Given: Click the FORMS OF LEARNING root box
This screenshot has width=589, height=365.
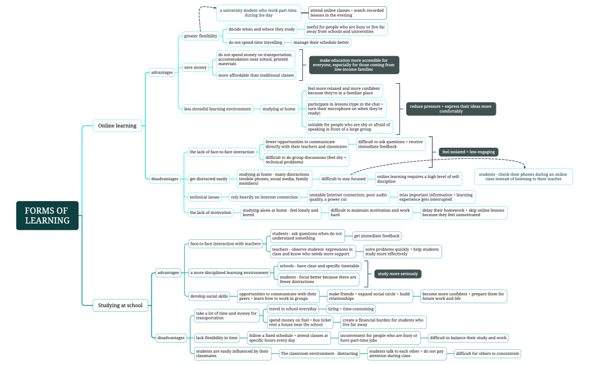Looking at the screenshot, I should pyautogui.click(x=47, y=216).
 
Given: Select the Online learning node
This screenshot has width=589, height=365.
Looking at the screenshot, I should pyautogui.click(x=117, y=126).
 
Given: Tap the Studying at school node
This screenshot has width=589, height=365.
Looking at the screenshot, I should pyautogui.click(x=121, y=305).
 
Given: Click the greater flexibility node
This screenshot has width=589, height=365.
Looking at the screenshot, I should pyautogui.click(x=201, y=36).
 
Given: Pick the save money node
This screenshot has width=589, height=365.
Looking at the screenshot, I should pyautogui.click(x=196, y=67).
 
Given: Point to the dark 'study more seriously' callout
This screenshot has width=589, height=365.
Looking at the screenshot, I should pyautogui.click(x=398, y=274).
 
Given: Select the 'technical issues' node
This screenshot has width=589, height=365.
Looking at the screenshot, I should pyautogui.click(x=205, y=197).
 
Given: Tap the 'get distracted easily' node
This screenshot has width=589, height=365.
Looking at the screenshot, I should pyautogui.click(x=209, y=179).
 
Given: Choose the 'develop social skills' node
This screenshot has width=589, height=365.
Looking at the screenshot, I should pyautogui.click(x=209, y=296).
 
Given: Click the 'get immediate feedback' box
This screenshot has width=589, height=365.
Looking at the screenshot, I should pyautogui.click(x=376, y=236).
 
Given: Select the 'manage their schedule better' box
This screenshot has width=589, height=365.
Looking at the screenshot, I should pyautogui.click(x=321, y=42).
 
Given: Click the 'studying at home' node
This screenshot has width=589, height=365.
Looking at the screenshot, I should pyautogui.click(x=278, y=109).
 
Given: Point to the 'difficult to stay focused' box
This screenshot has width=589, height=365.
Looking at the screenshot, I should pyautogui.click(x=343, y=179).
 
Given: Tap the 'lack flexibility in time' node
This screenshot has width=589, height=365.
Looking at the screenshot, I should pyautogui.click(x=217, y=338).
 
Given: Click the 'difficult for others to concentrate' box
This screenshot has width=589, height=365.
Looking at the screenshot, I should pyautogui.click(x=487, y=354).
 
